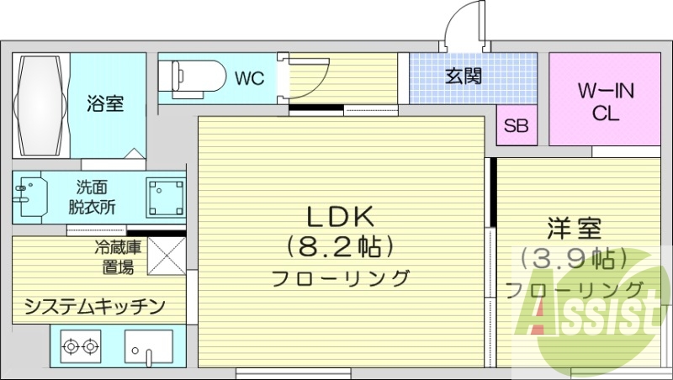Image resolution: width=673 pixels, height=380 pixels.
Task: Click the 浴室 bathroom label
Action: point(105,104)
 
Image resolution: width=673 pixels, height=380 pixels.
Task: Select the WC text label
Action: point(250,78)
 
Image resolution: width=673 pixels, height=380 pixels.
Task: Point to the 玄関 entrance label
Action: point(463,77)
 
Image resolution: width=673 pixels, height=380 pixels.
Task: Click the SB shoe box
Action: point(516,127)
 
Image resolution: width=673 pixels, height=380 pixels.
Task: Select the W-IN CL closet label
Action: point(605,99)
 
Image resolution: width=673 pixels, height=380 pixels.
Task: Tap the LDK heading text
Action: point(340,217)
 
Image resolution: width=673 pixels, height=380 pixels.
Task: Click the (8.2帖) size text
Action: point(340,247)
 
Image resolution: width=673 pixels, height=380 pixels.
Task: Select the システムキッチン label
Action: point(93,305)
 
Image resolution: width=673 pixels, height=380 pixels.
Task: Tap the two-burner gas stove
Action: point(80,346)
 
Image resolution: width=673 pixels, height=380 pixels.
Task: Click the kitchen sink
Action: point(148,346)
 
